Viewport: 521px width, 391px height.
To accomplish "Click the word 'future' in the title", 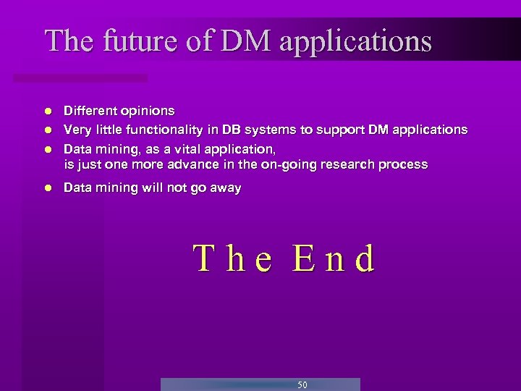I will coord(135,41).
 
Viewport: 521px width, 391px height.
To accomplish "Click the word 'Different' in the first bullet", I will coord(88,111).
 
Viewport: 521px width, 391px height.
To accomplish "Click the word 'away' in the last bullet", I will coord(226,188).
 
